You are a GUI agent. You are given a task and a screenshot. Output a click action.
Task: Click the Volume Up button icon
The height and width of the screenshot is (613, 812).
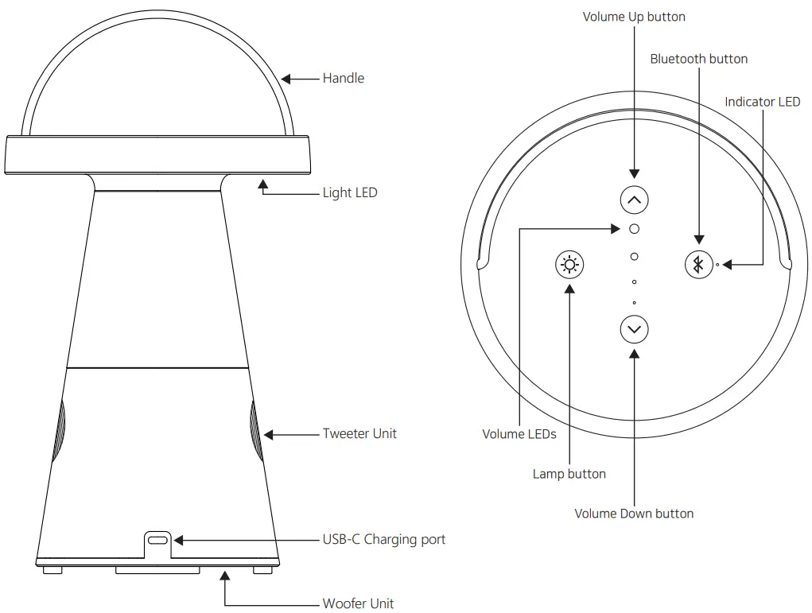pyautogui.click(x=634, y=200)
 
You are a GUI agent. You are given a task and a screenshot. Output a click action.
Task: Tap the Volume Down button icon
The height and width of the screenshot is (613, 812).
pyautogui.click(x=634, y=328)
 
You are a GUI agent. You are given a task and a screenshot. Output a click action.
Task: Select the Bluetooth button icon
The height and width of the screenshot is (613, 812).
pyautogui.click(x=699, y=264)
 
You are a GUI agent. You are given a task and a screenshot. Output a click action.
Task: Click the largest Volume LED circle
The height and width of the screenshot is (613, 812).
pyautogui.click(x=634, y=229)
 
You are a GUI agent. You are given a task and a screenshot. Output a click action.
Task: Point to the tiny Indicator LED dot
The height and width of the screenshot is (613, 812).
pyautogui.click(x=717, y=264)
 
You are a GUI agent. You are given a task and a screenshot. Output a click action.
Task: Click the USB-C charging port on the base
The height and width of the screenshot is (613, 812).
pyautogui.click(x=159, y=540)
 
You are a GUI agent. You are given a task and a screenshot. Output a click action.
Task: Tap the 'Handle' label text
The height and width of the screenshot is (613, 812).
pyautogui.click(x=343, y=78)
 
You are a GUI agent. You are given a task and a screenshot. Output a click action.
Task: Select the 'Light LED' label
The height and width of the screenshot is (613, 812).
pyautogui.click(x=349, y=192)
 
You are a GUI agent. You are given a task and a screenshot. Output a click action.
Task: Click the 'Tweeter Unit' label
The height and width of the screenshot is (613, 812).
pyautogui.click(x=359, y=433)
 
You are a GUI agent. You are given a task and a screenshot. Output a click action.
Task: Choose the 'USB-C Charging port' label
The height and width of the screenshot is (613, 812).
pyautogui.click(x=383, y=539)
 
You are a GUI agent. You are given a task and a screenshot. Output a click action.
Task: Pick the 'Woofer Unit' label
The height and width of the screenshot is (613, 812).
pyautogui.click(x=358, y=603)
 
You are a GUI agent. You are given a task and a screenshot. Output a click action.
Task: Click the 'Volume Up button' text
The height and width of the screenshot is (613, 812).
pyautogui.click(x=633, y=17)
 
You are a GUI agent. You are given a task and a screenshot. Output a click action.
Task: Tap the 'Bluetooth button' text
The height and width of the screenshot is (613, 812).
pyautogui.click(x=698, y=59)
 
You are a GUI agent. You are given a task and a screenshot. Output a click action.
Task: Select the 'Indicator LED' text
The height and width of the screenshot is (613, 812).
pyautogui.click(x=762, y=102)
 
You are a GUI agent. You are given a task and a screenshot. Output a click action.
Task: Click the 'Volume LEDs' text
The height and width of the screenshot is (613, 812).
pyautogui.click(x=519, y=434)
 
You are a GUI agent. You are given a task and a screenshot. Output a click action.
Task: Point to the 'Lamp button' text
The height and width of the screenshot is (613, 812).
pyautogui.click(x=569, y=474)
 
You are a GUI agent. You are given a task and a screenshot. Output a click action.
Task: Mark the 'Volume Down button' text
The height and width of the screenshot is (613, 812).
pyautogui.click(x=634, y=514)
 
